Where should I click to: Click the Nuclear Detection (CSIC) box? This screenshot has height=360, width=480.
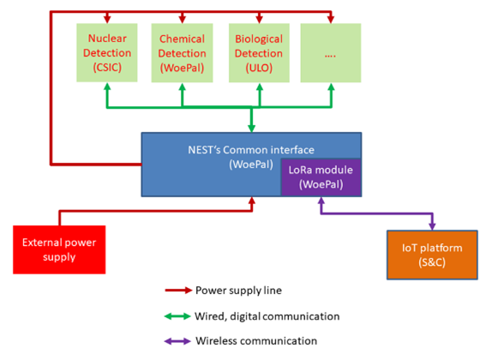click(x=107, y=52)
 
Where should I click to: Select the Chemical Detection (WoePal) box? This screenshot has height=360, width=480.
click(x=182, y=53)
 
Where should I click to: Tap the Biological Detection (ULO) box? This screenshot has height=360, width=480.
click(x=259, y=53)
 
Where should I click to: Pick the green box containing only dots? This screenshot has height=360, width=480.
click(x=331, y=53)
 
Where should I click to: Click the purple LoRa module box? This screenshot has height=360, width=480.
click(x=321, y=177)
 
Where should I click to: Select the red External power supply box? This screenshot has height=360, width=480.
click(x=59, y=249)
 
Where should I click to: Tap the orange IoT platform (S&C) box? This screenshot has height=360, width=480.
click(x=432, y=255)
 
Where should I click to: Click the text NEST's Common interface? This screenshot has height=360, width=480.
click(x=251, y=150)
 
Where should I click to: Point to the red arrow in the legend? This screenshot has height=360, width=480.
click(x=178, y=291)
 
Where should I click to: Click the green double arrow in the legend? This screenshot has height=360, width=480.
click(x=177, y=316)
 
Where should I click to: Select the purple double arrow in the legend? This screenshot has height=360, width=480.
click(x=177, y=341)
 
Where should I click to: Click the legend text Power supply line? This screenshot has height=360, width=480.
click(x=238, y=291)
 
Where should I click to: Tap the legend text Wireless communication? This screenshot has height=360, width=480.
click(x=256, y=341)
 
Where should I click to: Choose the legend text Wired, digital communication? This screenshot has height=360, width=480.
click(x=267, y=316)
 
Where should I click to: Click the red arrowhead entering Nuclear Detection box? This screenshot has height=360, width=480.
click(x=107, y=19)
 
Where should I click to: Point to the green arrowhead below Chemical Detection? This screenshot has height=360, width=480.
click(x=182, y=87)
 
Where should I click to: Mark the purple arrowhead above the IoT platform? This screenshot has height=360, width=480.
click(x=432, y=226)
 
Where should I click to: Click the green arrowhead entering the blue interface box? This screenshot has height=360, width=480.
click(x=251, y=129)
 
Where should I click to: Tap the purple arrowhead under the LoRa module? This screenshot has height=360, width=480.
click(x=321, y=201)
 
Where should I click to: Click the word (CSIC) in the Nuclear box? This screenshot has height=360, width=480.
click(x=107, y=68)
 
